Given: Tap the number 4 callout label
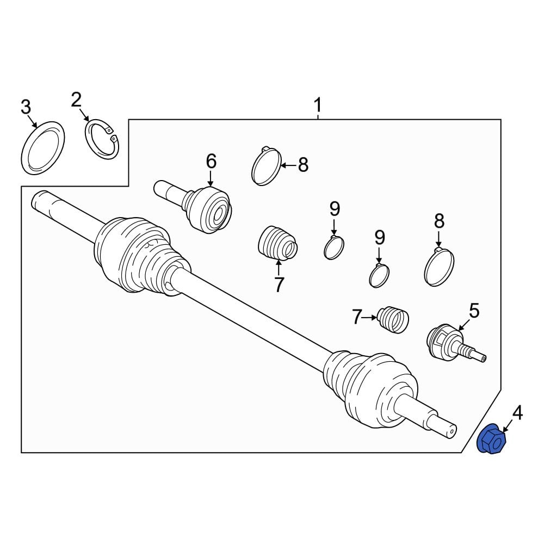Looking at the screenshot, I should tap(517, 412).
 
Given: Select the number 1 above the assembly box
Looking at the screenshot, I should tap(318, 104).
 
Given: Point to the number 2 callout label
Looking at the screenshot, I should tap(76, 100).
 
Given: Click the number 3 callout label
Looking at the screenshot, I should tap(26, 107).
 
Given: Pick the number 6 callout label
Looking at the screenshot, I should tap(211, 161).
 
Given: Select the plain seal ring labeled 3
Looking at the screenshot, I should tap(42, 149).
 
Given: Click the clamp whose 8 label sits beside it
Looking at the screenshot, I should tap(267, 166).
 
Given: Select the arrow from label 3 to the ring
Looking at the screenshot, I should tap(33, 121).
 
